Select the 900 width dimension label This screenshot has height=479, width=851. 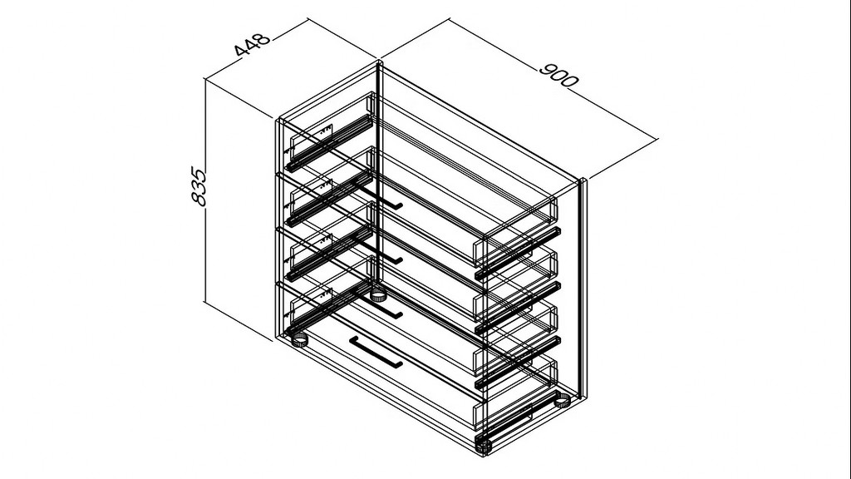click(x=559, y=76)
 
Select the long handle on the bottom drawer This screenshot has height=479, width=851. click(x=375, y=353)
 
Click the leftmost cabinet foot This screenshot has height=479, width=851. click(x=300, y=340)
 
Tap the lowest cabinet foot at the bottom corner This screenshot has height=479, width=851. click(x=483, y=447)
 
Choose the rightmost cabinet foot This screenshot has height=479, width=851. click(x=562, y=401)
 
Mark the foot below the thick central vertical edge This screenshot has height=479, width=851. click(x=378, y=296)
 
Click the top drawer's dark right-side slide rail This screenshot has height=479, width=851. click(x=518, y=254)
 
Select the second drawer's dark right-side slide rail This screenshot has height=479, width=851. click(x=518, y=308)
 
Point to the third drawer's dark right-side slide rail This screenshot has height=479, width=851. click(x=518, y=363)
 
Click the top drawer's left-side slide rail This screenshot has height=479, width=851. click(x=330, y=143)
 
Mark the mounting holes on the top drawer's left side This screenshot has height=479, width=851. click(x=325, y=131)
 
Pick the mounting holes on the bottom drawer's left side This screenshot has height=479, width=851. click(x=325, y=294)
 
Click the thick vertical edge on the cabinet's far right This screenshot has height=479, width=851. click(x=583, y=289)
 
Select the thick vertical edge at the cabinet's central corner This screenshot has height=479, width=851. click(x=379, y=179)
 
